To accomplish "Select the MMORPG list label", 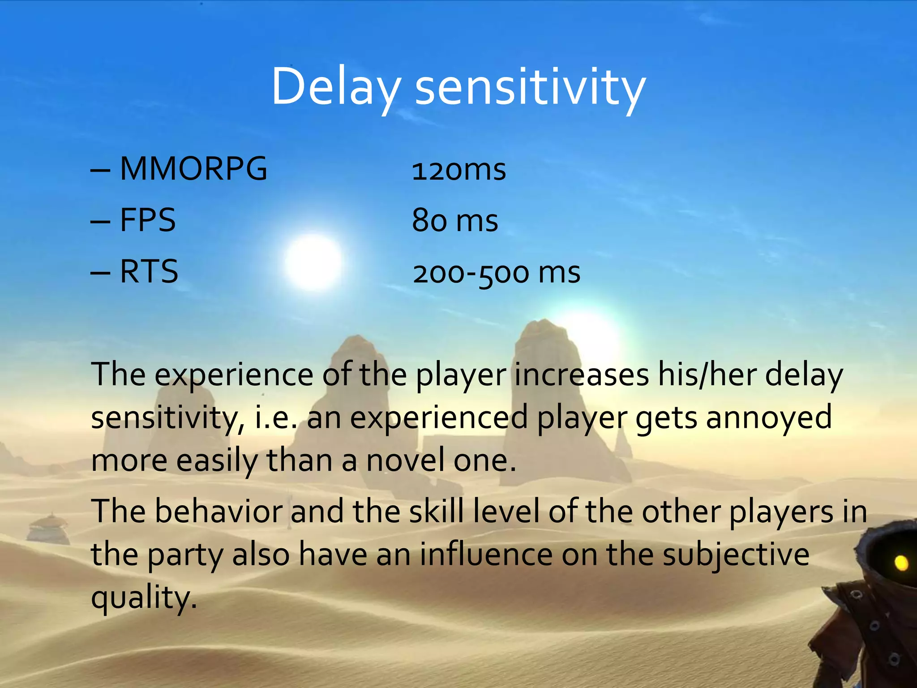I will coord(193,169).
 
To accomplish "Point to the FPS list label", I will coord(148,220).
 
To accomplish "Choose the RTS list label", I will coord(149,272).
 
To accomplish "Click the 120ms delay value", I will coord(459,170).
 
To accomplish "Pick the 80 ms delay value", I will coord(455,221).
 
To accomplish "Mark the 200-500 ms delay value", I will coord(497,273).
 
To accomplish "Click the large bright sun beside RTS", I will coord(313,262).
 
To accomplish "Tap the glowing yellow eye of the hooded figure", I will coord(901,563).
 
